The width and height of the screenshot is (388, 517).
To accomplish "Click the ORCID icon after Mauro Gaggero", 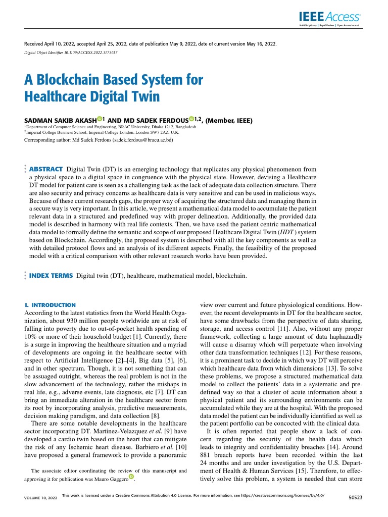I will coord(131,476).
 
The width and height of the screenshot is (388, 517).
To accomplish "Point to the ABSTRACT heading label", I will coord(46,168).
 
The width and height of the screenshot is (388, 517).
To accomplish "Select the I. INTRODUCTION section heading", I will coord(50,305).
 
